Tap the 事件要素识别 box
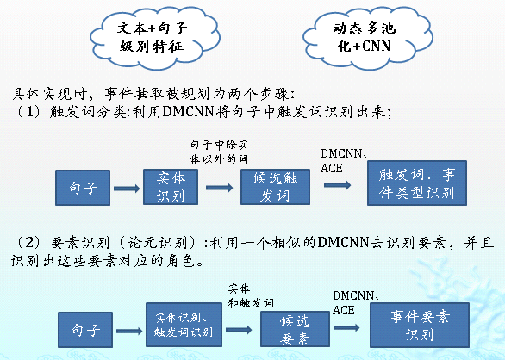tap(418, 325)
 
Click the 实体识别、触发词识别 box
tap(184, 326)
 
